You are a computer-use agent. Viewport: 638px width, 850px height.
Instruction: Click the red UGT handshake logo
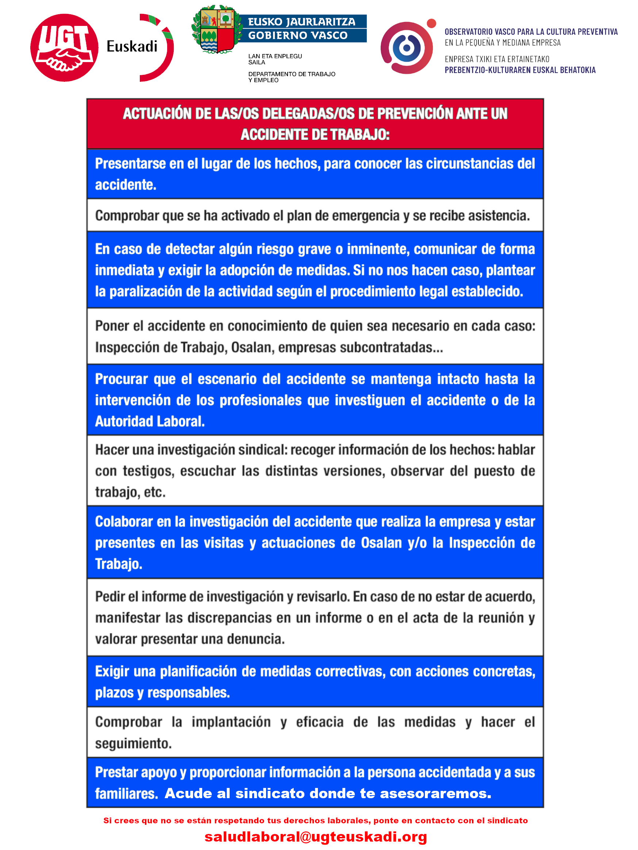(x=64, y=48)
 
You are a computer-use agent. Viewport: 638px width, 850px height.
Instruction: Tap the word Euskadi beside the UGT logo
(x=132, y=46)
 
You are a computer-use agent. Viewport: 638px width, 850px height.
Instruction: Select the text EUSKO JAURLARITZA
(x=301, y=22)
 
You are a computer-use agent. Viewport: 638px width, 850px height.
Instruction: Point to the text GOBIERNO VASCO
(x=298, y=35)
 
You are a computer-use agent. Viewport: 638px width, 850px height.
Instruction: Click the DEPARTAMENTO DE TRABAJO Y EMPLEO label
(x=292, y=77)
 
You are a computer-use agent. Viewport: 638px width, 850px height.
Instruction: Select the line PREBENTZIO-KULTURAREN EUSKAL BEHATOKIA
(x=520, y=70)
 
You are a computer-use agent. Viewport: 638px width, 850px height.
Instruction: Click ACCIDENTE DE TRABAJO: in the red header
(x=315, y=134)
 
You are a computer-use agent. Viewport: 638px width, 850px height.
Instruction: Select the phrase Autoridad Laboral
(x=149, y=422)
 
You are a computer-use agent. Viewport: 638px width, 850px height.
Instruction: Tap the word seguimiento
(x=133, y=743)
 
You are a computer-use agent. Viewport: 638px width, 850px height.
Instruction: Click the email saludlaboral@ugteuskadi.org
(x=315, y=836)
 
